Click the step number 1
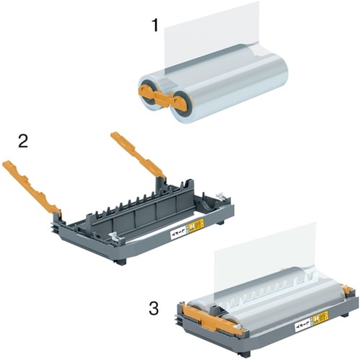155,27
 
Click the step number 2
23,141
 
